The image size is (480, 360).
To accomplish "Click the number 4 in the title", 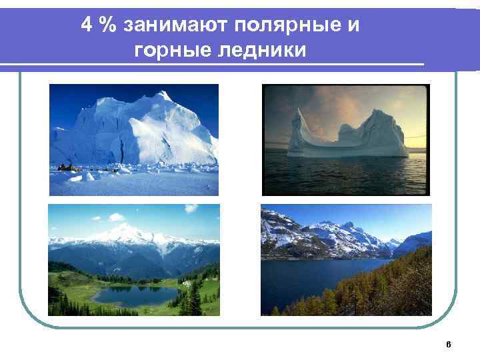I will [x=87, y=25].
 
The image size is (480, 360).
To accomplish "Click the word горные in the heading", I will [x=169, y=50].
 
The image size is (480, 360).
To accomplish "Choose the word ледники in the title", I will [x=259, y=50].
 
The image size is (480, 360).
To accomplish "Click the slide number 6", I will [x=449, y=344].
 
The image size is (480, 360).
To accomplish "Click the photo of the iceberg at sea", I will [x=345, y=139].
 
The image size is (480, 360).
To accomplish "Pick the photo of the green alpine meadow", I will [x=134, y=259].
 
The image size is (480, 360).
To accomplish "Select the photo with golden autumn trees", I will [x=346, y=259].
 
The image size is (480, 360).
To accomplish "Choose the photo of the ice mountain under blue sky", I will [x=134, y=139].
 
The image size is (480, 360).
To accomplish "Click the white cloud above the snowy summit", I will [x=117, y=217].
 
